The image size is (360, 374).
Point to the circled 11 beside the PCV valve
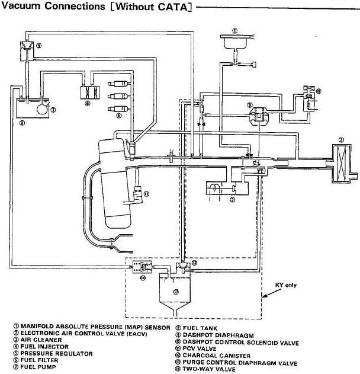146,193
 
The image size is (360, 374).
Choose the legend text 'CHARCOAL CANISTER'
216,356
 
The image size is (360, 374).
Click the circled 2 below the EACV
233,200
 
